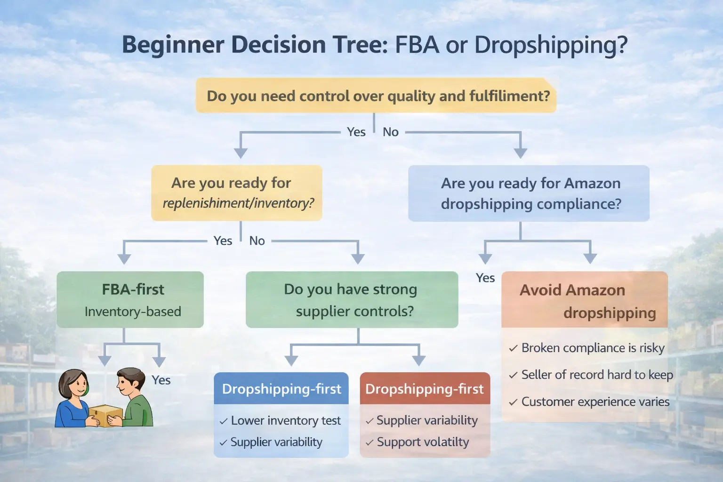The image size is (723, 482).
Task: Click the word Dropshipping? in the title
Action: tap(551, 45)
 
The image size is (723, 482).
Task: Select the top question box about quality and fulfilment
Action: tap(376, 96)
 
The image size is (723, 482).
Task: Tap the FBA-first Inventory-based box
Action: tap(130, 299)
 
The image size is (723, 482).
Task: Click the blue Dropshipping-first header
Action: tap(281, 389)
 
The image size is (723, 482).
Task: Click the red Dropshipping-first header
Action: tap(425, 389)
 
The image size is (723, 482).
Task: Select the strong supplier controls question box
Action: tap(352, 299)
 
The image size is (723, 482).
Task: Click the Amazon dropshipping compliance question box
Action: tap(529, 193)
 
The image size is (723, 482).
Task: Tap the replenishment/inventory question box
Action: tap(237, 193)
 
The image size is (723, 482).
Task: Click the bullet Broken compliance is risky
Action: tap(592, 348)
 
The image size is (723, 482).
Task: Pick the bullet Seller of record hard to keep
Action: tap(596, 375)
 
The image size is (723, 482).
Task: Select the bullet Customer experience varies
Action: tap(594, 402)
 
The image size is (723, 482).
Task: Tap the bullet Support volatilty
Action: tap(422, 442)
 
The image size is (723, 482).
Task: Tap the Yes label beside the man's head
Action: tap(161, 380)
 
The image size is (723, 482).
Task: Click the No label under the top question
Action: tap(391, 132)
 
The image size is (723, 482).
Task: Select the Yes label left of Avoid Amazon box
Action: tap(485, 278)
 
